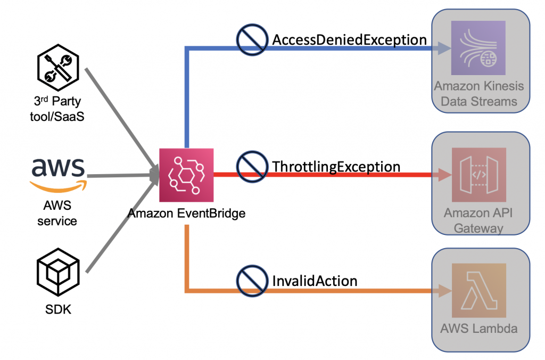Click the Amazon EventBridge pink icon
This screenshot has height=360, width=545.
pyautogui.click(x=186, y=175)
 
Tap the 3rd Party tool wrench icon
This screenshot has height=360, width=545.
pyautogui.click(x=57, y=70)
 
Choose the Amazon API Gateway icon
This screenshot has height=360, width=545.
pyautogui.click(x=478, y=175)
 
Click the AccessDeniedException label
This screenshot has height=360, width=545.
pyautogui.click(x=350, y=40)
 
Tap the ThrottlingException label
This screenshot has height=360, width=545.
pyautogui.click(x=336, y=167)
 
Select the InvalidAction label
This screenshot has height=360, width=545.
pyautogui.click(x=315, y=280)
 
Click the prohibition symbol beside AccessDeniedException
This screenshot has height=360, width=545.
pyautogui.click(x=252, y=40)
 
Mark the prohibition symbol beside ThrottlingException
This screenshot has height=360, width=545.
pyautogui.click(x=252, y=167)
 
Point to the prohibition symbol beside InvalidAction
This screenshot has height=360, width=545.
pyautogui.click(x=252, y=281)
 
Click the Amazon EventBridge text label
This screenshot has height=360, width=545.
pyautogui.click(x=186, y=214)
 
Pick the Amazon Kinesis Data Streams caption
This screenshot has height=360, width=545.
pyautogui.click(x=478, y=94)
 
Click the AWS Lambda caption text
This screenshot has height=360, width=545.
pyautogui.click(x=478, y=328)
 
